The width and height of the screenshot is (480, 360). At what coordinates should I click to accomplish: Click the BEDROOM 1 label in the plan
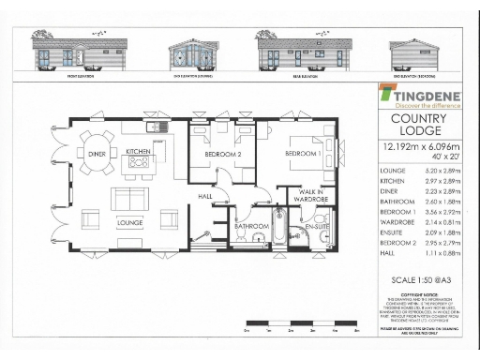pyautogui.click(x=302, y=153)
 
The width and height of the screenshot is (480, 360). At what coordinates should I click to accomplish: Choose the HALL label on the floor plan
pyautogui.click(x=205, y=196)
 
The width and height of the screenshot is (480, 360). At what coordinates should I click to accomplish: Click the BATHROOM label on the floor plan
pyautogui.click(x=251, y=226)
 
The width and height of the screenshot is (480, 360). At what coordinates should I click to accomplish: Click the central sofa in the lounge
pyautogui.click(x=129, y=200)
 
